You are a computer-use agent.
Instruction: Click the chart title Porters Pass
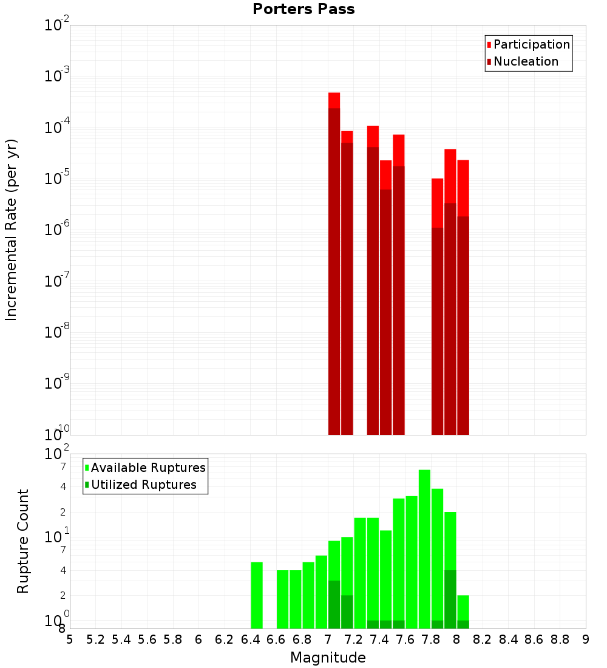pos(303,9)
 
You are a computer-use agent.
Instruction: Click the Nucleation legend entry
pos(526,61)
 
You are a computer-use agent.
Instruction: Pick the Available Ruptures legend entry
pos(148,468)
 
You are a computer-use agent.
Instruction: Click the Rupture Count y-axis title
pos(23,541)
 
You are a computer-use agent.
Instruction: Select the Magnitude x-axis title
pos(328,658)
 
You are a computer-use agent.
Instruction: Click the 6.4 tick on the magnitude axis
pos(250,639)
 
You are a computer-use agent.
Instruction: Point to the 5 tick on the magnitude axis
pos(70,639)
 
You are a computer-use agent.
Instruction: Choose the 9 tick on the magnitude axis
pos(585,639)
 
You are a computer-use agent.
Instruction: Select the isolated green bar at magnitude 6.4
pos(257,595)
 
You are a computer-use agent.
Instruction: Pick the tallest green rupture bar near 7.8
pos(424,547)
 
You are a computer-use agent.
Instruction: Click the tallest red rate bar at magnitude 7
pos(334,261)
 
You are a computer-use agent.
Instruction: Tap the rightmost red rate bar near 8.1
pos(463,298)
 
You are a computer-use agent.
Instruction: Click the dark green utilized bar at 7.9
pos(450,599)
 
